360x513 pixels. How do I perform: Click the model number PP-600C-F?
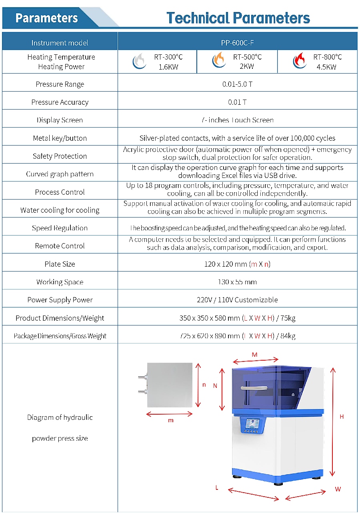237,43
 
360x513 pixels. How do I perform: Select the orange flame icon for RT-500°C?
219,61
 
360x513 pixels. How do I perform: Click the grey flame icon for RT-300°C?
139,61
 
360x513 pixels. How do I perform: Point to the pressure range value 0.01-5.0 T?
237,84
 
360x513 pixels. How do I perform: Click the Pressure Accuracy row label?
60,102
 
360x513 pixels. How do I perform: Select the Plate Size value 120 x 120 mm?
237,264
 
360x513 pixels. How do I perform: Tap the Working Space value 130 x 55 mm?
237,282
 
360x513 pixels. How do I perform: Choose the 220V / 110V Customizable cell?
237,300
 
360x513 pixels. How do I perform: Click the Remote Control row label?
60,246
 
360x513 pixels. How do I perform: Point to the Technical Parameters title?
238,18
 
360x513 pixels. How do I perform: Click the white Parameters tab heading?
47,18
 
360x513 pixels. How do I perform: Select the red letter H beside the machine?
342,417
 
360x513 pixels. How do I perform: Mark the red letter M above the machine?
254,355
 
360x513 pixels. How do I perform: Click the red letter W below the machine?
338,489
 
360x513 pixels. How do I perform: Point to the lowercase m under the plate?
171,420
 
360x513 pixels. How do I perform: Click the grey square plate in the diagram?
170,384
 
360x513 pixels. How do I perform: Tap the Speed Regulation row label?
60,228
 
